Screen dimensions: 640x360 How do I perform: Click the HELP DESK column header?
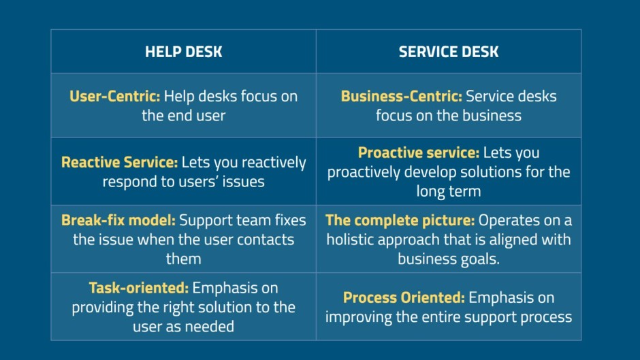tap(183, 52)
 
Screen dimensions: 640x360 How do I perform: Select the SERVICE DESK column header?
tap(449, 52)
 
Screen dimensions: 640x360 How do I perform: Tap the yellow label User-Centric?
tap(114, 97)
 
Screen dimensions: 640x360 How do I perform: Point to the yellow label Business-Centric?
tap(401, 97)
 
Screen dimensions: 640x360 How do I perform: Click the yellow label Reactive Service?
tap(120, 163)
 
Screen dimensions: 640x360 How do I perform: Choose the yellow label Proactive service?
tap(418, 152)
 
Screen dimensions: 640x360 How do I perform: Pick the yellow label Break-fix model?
tap(118, 220)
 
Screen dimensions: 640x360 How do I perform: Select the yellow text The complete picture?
tap(400, 220)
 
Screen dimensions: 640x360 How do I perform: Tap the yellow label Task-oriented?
tap(139, 288)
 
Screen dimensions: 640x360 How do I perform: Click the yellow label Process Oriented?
tap(404, 297)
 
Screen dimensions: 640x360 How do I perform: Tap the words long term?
tap(449, 191)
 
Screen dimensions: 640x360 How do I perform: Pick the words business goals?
tap(449, 259)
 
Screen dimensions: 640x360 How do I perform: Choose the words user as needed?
tap(183, 327)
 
